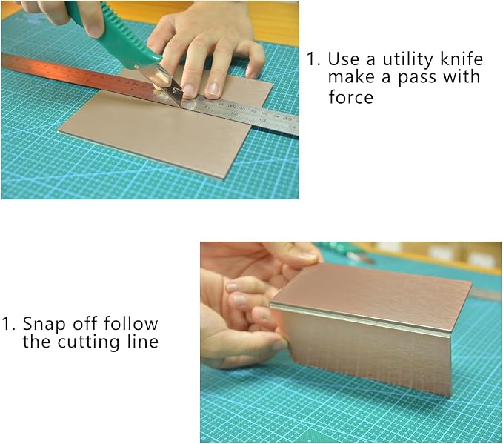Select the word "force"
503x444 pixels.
click(351, 96)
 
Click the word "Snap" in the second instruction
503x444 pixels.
click(43, 324)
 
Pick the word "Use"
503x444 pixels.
click(343, 59)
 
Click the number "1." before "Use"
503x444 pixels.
click(313, 59)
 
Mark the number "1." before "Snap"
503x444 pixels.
click(8, 324)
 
